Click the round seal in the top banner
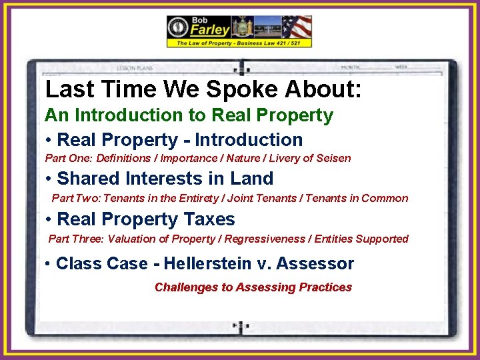pyautogui.click(x=178, y=27)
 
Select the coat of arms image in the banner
pyautogui.click(x=241, y=27)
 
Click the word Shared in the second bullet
pyautogui.click(x=84, y=179)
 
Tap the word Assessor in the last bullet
pyautogui.click(x=315, y=263)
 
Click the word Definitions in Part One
pyautogui.click(x=123, y=159)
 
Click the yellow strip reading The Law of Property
pyautogui.click(x=239, y=43)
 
